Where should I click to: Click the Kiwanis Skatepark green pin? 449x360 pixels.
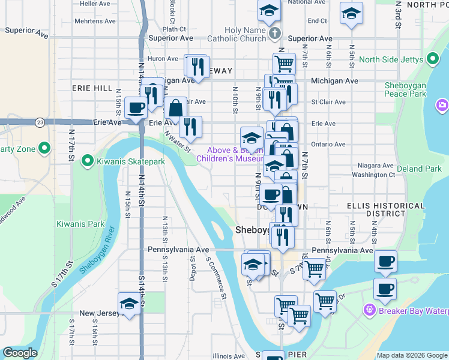pyautogui.click(x=88, y=160)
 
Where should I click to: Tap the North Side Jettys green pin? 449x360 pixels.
pyautogui.click(x=432, y=59)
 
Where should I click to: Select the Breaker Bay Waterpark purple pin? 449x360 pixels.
pyautogui.click(x=369, y=310)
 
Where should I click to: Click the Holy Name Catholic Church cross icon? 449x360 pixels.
pyautogui.click(x=275, y=34)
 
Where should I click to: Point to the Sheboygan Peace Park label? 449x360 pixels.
pyautogui.click(x=405, y=89)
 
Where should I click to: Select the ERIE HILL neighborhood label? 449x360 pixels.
pyautogui.click(x=92, y=88)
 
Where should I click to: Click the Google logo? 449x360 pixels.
pyautogui.click(x=19, y=353)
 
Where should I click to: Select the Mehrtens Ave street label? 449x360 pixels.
pyautogui.click(x=95, y=20)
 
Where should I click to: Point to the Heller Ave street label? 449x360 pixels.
pyautogui.click(x=97, y=3)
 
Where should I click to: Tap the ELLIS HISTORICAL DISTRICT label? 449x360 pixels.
pyautogui.click(x=376, y=209)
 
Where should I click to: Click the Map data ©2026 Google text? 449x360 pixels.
pyautogui.click(x=411, y=355)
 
